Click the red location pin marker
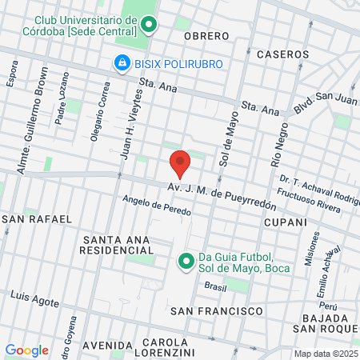point(181,163)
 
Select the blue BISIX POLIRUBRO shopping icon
point(122,62)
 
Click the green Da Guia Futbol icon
point(186,261)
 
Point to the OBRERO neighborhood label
point(206,36)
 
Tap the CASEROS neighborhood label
point(282,54)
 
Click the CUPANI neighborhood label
point(286,222)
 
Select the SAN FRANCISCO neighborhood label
point(217,310)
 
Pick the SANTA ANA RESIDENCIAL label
point(117,245)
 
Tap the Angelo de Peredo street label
point(157,206)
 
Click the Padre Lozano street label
point(64,98)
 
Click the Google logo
point(26,350)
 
